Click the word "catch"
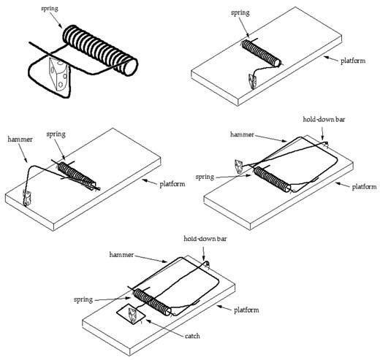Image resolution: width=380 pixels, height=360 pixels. coord(192,336)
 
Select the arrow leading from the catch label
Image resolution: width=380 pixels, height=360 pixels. coord(164,328)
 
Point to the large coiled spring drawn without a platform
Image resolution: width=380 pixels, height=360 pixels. coord(100,50)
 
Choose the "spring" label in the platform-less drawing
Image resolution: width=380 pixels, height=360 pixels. coord(50,9)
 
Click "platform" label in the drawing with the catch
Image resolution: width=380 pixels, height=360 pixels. coord(246,310)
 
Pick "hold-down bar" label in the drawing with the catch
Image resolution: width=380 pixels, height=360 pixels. coord(205,239)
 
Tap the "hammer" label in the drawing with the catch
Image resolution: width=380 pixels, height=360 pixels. coord(121,255)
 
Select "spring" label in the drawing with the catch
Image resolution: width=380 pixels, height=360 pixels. coord(83,299)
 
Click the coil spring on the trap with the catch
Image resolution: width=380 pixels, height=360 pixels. coord(152,302)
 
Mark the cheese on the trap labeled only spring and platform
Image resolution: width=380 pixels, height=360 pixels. coord(252,81)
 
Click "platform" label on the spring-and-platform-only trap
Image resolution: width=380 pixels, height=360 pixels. coord(353,61)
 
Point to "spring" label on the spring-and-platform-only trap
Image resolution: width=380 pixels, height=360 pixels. coord(240,12)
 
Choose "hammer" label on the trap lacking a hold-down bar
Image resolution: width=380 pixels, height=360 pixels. coord(20,139)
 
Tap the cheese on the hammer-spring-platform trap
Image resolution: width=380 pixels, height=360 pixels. coord(26,197)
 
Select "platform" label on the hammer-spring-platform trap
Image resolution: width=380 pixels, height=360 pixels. coord(172,184)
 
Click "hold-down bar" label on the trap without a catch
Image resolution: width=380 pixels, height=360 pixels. coord(324,119)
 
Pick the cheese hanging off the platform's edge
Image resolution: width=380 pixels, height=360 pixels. coord(238,166)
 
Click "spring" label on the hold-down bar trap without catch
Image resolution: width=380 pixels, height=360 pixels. coord(205,177)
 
